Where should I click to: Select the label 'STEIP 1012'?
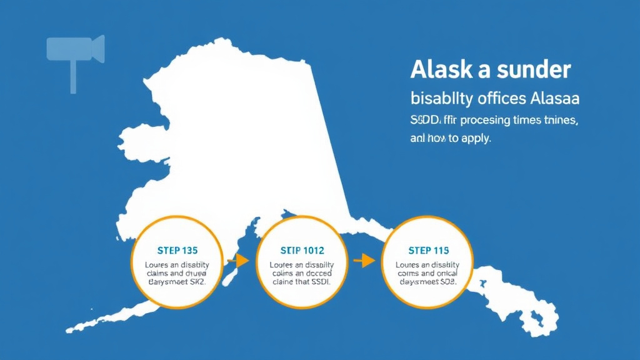click(x=303, y=251)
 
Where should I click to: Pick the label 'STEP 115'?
click(x=428, y=251)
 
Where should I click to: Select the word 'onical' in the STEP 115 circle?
click(x=444, y=273)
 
